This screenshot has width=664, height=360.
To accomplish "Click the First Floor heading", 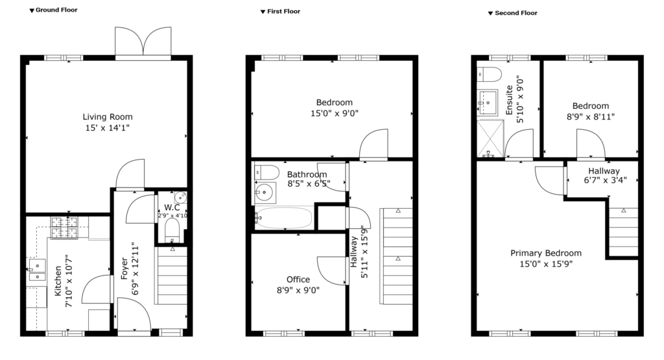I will pos(283,11).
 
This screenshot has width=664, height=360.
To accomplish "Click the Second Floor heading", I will pos(515,12).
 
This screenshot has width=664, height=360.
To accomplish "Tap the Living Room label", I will pos(108,117).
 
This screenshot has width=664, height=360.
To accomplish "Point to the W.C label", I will pos(171,208).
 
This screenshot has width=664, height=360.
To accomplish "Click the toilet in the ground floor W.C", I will pos(172,230).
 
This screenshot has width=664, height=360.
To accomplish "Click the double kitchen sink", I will pos(36,270).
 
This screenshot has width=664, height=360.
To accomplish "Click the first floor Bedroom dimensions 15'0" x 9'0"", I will pos(334,113).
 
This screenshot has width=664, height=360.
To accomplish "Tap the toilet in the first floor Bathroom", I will pos(265,173).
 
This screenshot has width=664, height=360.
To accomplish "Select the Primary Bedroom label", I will pos(545,253).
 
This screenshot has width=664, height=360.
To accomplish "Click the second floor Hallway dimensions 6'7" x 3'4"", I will pos(604,180).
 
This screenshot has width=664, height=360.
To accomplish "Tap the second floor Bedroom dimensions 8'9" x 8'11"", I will pos(590,117).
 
